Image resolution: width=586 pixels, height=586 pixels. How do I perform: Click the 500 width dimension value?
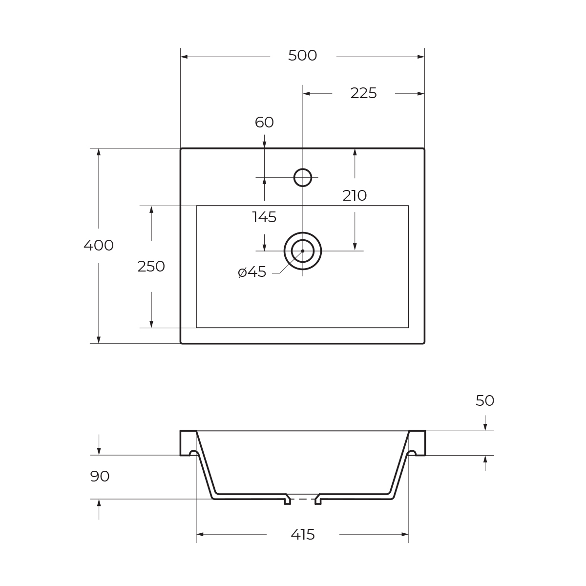click(302, 56)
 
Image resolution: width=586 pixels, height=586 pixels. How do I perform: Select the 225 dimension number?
click(363, 93)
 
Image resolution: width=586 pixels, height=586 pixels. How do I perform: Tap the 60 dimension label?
click(264, 122)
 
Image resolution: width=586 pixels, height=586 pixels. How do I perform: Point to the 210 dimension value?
click(355, 195)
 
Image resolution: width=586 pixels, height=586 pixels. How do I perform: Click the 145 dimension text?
click(264, 217)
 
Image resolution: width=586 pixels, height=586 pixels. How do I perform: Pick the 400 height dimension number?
click(99, 246)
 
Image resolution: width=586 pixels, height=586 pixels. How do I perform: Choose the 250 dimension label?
click(151, 267)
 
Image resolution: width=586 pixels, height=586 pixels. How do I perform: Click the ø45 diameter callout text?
click(252, 272)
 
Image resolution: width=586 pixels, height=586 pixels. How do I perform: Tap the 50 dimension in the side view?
click(485, 401)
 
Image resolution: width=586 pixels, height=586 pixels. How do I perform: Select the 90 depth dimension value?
click(100, 476)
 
